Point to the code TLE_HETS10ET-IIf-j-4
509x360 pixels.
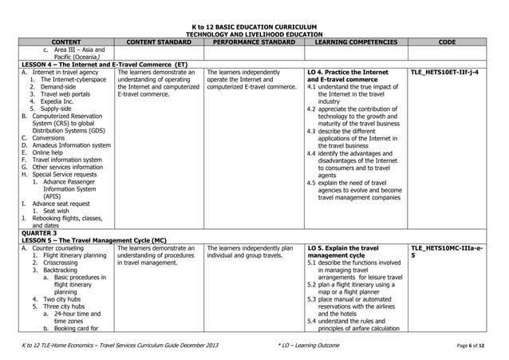pyautogui.click(x=445, y=72)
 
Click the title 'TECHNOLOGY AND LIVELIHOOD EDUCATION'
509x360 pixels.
pyautogui.click(x=254, y=34)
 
